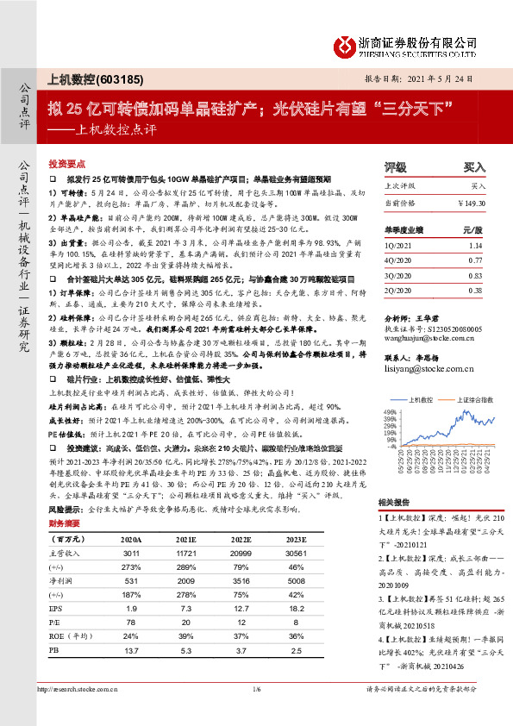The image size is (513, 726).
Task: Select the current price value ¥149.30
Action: [472, 203]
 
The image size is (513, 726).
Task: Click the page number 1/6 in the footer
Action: [256, 711]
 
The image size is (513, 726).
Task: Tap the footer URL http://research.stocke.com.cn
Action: [78, 711]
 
